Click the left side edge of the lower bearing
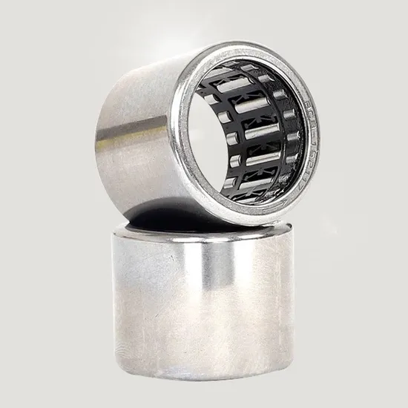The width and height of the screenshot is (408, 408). pyautogui.click(x=115, y=297)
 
